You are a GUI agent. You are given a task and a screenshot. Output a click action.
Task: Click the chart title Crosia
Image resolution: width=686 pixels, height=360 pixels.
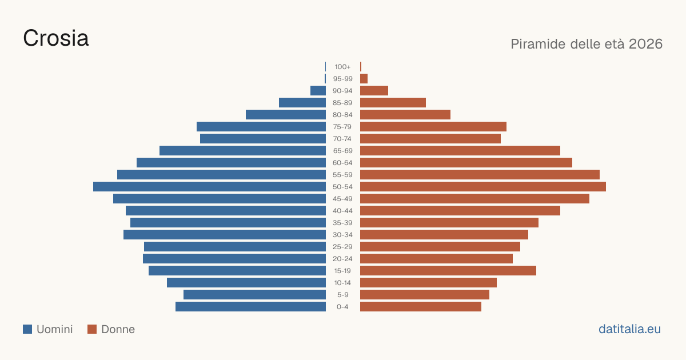[x=56, y=38]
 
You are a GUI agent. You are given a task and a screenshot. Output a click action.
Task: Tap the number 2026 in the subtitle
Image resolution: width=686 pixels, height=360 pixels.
[x=645, y=44]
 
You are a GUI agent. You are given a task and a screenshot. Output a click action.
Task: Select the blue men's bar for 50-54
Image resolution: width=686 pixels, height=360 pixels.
[x=209, y=187]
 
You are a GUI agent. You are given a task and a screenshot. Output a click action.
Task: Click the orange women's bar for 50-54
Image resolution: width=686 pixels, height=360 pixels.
[x=483, y=187]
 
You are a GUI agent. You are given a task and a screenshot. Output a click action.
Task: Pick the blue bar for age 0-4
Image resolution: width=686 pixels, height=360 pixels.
[x=250, y=307]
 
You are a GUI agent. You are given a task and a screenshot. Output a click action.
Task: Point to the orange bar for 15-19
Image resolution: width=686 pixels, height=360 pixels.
[x=448, y=271]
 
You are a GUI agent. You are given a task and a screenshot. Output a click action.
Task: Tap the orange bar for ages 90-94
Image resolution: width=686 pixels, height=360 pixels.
[x=374, y=91]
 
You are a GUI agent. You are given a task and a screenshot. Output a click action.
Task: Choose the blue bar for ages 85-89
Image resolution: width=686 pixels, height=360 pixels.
[x=302, y=102]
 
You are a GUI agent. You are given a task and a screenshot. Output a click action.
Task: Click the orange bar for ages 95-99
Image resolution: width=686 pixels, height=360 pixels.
[x=364, y=79]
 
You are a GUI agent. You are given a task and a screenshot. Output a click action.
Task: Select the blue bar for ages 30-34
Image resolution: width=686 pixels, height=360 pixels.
[x=225, y=235]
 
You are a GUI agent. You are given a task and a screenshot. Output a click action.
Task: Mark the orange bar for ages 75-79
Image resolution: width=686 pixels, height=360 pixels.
[x=433, y=127]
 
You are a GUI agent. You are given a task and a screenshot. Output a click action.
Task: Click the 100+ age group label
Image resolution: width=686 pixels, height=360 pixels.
[x=342, y=67]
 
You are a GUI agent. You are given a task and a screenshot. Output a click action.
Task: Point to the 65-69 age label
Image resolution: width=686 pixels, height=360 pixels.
[x=342, y=151]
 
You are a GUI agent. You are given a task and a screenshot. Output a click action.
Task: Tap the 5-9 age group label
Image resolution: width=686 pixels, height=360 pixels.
[x=342, y=295]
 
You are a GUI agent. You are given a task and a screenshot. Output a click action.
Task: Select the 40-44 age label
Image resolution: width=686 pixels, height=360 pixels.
[x=342, y=211]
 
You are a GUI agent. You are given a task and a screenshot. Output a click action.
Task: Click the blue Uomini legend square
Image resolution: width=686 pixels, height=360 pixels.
[x=27, y=329]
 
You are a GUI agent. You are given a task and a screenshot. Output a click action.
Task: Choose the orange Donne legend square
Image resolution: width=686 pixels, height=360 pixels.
[x=92, y=329]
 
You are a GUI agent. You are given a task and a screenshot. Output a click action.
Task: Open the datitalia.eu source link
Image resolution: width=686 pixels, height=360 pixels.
[x=629, y=329]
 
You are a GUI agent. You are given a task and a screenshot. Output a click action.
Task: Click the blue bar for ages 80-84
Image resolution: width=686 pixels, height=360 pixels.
[x=286, y=115]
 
